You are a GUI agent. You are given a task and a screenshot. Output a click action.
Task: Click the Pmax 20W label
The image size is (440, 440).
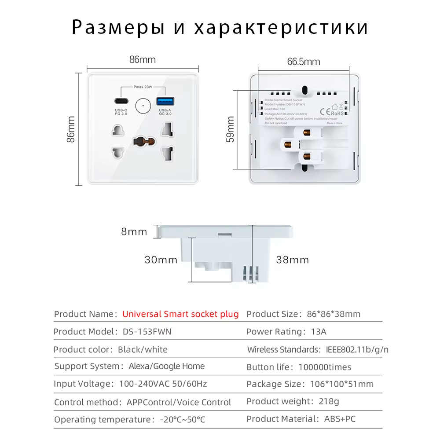coord(143,87)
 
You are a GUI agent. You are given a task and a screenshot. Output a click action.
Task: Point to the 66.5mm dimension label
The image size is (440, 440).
coord(304,62)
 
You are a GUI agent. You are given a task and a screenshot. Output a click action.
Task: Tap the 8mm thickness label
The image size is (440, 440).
coord(134,232)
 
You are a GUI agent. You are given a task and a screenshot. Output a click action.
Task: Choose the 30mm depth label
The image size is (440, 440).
coord(161,260)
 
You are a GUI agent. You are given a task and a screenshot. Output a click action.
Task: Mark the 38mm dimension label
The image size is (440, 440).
coord(293,260)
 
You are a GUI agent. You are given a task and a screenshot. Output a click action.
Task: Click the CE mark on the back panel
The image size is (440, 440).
coord(323,111)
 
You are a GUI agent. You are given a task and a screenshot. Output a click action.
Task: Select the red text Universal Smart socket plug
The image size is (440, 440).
coord(180,314)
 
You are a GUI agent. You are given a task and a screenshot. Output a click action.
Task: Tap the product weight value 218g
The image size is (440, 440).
coord(328,401)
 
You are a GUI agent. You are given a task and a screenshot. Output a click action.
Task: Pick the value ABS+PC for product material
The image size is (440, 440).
coord(340,419)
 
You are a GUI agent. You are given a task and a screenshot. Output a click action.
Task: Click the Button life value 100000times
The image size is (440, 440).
coord(325,367)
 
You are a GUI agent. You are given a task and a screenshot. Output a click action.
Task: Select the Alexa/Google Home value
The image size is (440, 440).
coord(167,366)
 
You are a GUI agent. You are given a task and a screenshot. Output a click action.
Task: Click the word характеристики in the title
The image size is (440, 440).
coord(281,28)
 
